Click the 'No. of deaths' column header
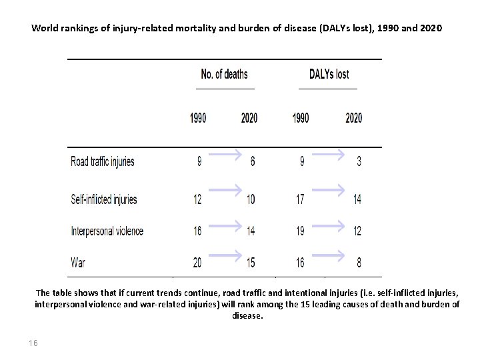tap(225, 74)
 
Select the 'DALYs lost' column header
tap(329, 74)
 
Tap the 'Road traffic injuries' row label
tap(103, 161)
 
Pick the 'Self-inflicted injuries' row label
tap(104, 199)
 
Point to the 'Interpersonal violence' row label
tap(107, 231)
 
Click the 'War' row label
tap(78, 263)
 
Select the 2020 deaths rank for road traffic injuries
tap(252, 162)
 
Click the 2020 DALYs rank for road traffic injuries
tap(359, 162)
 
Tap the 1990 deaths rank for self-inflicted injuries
tap(197, 199)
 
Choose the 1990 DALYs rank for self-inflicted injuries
tap(301, 199)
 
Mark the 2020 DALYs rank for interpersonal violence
tap(357, 231)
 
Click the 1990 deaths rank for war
tap(197, 263)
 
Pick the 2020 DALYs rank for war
tap(359, 263)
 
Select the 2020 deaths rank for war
tap(250, 263)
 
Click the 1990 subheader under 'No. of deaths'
tap(198, 118)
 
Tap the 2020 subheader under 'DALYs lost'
tap(354, 118)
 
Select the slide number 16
tap(33, 343)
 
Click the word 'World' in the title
tap(45, 29)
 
